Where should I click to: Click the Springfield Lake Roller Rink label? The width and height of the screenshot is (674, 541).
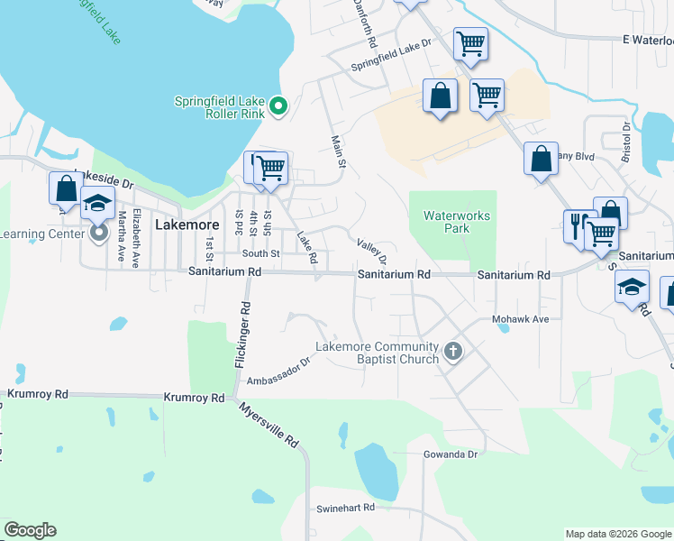[x=220, y=107]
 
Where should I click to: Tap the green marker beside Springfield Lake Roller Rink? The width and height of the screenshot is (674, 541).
[x=279, y=107]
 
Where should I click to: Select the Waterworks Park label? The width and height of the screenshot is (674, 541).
[x=447, y=222]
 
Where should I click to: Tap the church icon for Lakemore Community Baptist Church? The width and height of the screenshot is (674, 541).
[x=453, y=352]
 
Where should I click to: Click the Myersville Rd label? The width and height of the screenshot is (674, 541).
[x=269, y=425]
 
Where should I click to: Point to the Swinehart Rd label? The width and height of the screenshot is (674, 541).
[x=345, y=509]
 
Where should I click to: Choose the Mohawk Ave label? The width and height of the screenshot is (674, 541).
[x=521, y=319]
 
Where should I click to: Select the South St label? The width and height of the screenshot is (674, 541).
[x=260, y=253]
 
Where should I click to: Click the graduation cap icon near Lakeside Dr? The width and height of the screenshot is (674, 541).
[x=97, y=204]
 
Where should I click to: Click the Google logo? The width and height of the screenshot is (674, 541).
[x=30, y=530]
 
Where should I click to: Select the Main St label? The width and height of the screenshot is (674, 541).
[x=339, y=151]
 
